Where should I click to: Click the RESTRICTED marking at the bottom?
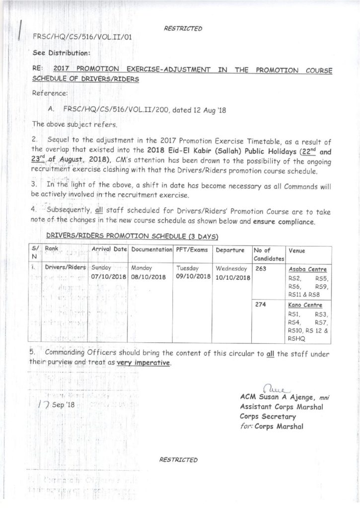(179, 460)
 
